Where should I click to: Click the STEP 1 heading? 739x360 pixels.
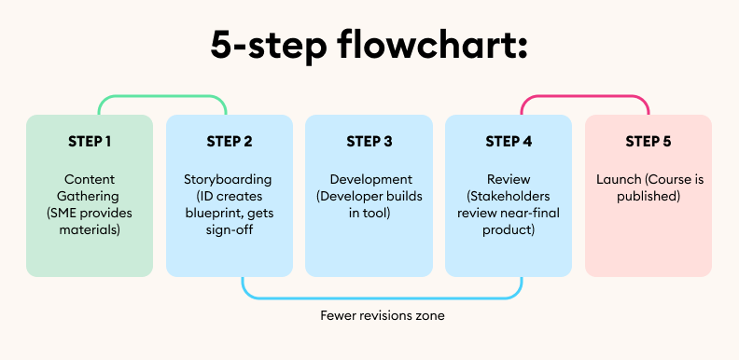tap(90, 142)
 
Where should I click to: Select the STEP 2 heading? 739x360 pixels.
tap(229, 142)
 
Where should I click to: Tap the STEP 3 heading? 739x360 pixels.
tap(369, 142)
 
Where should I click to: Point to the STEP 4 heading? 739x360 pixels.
tap(509, 142)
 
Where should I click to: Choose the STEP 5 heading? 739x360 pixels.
tap(648, 142)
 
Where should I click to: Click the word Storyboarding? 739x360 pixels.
tap(229, 179)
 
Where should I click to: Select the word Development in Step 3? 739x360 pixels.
tap(370, 179)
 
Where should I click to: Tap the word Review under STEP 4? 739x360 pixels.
tap(509, 179)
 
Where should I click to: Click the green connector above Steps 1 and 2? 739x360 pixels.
tap(163, 96)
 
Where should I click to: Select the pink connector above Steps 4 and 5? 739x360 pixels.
tap(584, 96)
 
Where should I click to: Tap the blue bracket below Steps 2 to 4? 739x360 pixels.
tap(382, 298)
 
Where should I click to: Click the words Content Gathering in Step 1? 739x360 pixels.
tap(90, 187)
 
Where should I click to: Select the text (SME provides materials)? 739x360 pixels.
tap(90, 221)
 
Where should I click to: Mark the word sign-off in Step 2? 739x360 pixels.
tap(229, 229)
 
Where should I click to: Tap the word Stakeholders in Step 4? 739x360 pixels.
tap(510, 196)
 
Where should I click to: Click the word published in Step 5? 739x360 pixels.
tap(648, 196)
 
